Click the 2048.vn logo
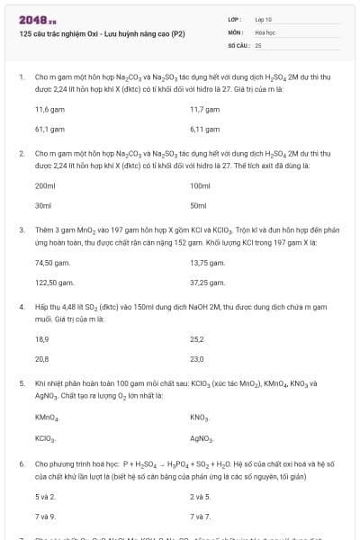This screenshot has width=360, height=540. [31, 19]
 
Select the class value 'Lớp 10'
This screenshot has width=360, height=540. [264, 18]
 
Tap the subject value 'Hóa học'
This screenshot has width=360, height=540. [265, 31]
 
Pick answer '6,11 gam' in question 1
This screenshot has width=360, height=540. [205, 130]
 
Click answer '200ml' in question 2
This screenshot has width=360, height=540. [45, 185]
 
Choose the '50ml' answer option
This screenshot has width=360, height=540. [199, 206]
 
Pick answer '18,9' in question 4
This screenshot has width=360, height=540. [41, 339]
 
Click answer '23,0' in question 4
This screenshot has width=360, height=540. [197, 359]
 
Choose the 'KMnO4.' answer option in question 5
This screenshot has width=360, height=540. [47, 418]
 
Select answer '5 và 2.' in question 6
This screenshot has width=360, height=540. [45, 496]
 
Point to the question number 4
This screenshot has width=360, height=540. [21, 307]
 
